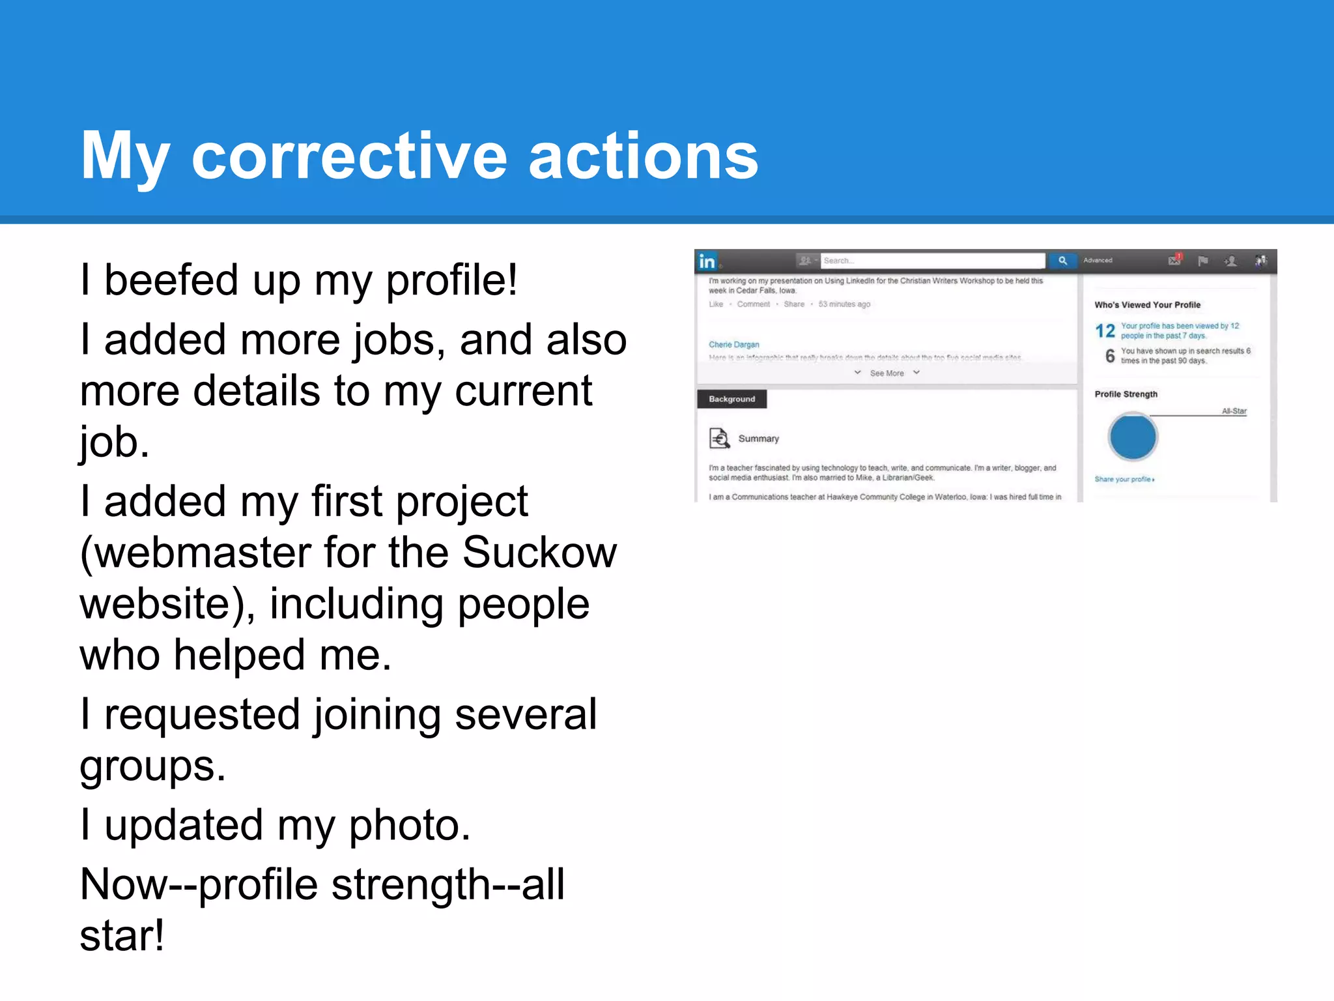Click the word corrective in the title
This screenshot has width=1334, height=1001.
(x=348, y=156)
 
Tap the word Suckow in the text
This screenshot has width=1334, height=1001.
(x=539, y=553)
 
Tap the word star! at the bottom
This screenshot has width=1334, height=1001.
(x=122, y=936)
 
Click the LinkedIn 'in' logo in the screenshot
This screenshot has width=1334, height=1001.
(x=707, y=261)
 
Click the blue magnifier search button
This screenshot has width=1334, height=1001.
(x=1062, y=261)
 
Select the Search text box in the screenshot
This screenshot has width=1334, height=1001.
(x=931, y=261)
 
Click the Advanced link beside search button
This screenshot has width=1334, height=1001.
(x=1098, y=261)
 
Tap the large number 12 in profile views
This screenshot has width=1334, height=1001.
(x=1105, y=331)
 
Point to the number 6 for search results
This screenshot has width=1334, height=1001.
(x=1110, y=356)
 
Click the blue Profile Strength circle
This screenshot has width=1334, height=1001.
(x=1132, y=437)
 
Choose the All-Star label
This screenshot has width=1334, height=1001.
(x=1234, y=411)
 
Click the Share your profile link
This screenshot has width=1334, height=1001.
(x=1124, y=479)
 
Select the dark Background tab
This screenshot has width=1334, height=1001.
(x=731, y=399)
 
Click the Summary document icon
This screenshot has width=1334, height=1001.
(x=719, y=439)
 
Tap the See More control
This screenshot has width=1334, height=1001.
(x=887, y=373)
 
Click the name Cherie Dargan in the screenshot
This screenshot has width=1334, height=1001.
(x=733, y=345)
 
